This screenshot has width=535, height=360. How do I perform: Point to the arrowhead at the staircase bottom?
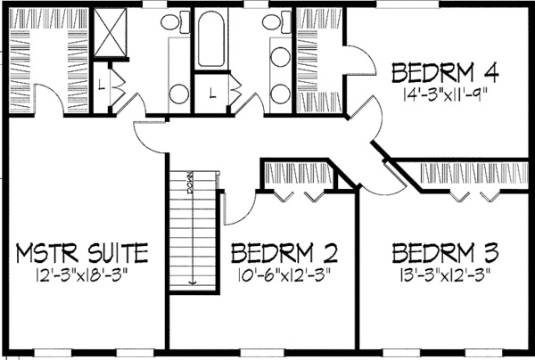(191, 282)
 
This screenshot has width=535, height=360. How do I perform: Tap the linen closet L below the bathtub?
(211, 91)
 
